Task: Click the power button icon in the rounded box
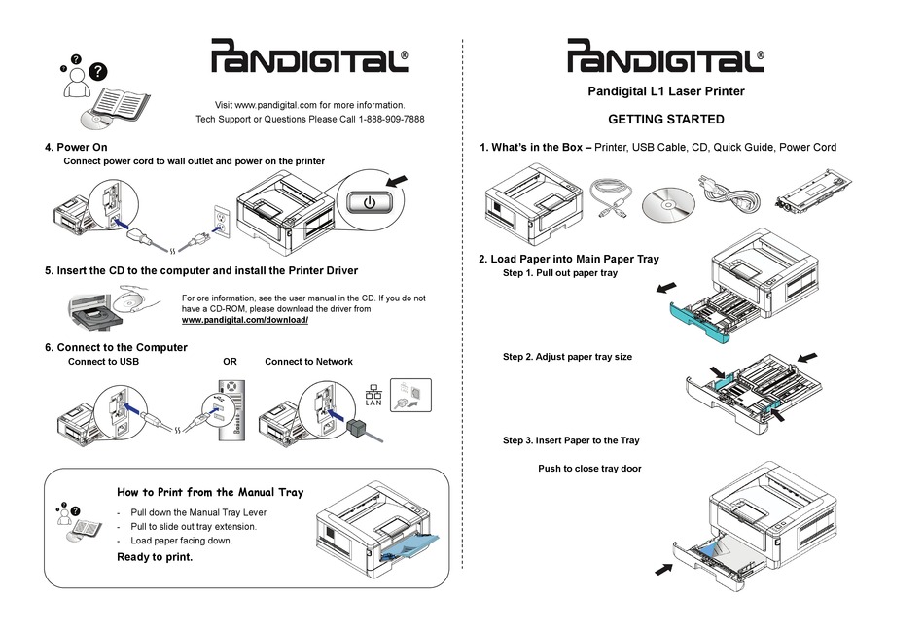[369, 204]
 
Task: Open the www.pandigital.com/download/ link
[245, 321]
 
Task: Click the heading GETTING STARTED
[665, 120]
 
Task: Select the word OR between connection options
[230, 362]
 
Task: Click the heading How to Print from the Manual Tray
[210, 492]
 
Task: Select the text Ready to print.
[155, 557]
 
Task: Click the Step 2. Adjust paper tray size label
[567, 357]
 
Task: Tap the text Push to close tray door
[589, 469]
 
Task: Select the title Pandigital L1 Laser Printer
[666, 92]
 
